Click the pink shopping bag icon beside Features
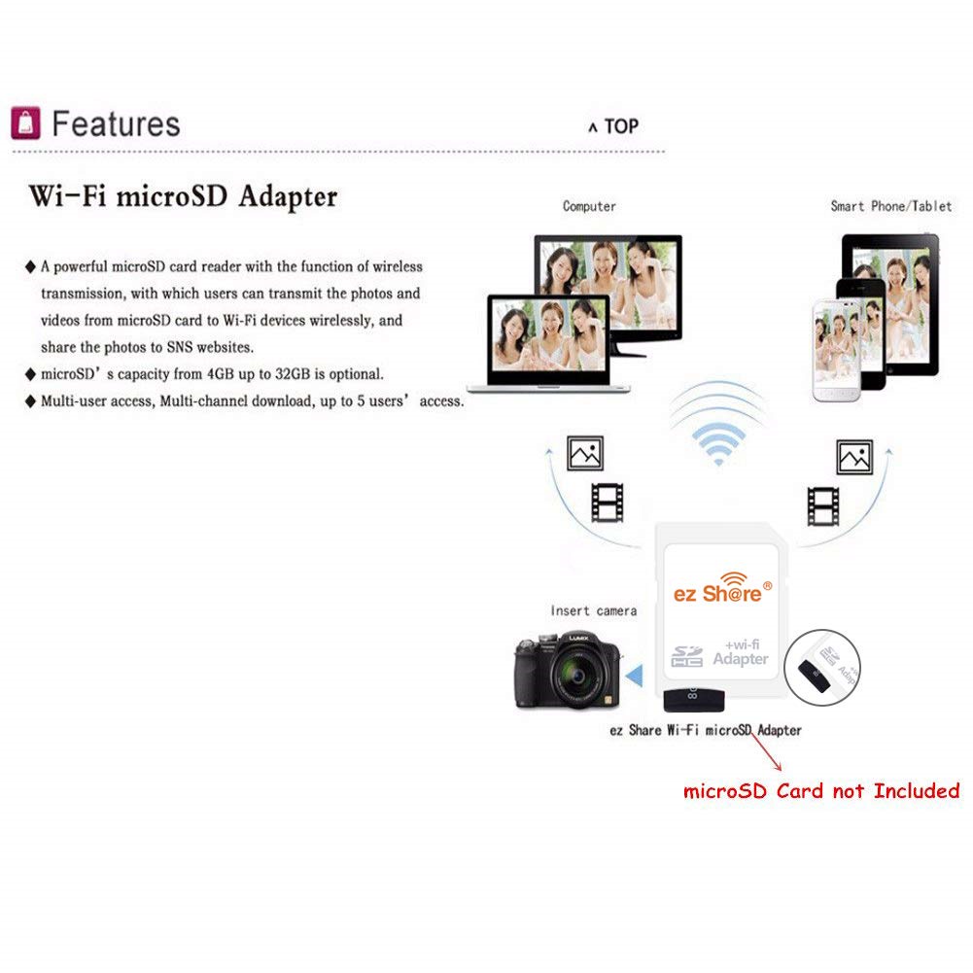point(25,122)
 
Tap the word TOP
point(621,126)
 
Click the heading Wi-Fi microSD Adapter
point(183,196)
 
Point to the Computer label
point(589,207)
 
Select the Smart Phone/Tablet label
point(891,206)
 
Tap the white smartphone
point(836,351)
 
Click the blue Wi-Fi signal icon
point(718,443)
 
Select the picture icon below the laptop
point(584,454)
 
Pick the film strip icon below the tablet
point(823,506)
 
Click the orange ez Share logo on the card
point(723,588)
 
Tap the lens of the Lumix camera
point(576,676)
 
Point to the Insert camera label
point(593,610)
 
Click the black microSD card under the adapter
point(694,700)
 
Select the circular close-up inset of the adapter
point(822,667)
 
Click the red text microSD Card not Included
point(821,791)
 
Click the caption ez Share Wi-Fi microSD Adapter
point(706,730)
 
